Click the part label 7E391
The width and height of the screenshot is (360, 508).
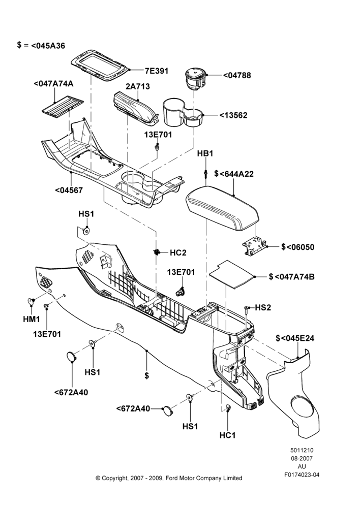[x=157, y=71]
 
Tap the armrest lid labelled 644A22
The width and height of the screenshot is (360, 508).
[x=223, y=208]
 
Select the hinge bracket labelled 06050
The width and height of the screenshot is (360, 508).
[x=255, y=246]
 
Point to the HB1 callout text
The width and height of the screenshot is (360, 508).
[x=205, y=153]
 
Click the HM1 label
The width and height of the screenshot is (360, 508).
[x=32, y=319]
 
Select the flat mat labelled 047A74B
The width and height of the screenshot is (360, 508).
[x=232, y=274]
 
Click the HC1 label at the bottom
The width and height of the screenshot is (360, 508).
[x=228, y=435]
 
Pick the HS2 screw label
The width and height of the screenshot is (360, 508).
[x=263, y=307]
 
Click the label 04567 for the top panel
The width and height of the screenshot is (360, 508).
[x=69, y=190]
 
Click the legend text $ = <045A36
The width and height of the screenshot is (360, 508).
[x=41, y=46]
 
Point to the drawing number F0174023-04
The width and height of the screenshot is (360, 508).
[x=302, y=475]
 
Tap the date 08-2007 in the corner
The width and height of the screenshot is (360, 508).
[x=302, y=458]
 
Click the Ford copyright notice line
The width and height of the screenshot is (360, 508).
[x=169, y=478]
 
